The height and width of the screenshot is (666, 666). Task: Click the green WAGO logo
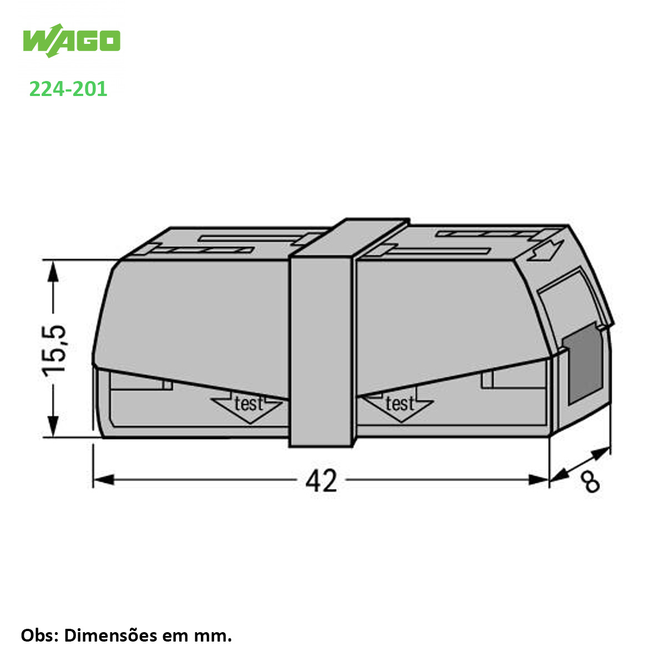72,41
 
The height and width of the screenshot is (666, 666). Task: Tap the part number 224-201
68,89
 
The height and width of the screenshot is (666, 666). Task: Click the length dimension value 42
321,481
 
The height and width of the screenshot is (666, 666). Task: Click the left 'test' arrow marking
248,407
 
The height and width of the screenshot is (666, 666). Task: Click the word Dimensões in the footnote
110,635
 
